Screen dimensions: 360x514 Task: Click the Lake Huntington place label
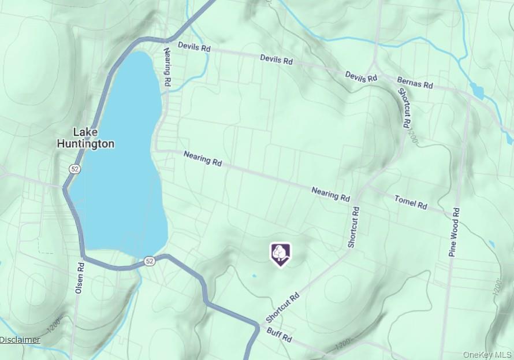click(85, 138)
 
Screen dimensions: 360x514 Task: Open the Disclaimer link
click(20, 340)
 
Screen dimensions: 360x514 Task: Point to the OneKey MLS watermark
click(488, 354)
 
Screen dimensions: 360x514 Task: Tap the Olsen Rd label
click(80, 279)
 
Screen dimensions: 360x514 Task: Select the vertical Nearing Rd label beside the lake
click(168, 68)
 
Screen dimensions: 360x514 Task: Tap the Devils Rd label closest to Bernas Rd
click(361, 76)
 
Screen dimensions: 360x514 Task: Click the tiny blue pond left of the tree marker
click(254, 275)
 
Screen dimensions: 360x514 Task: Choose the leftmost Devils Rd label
click(193, 47)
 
